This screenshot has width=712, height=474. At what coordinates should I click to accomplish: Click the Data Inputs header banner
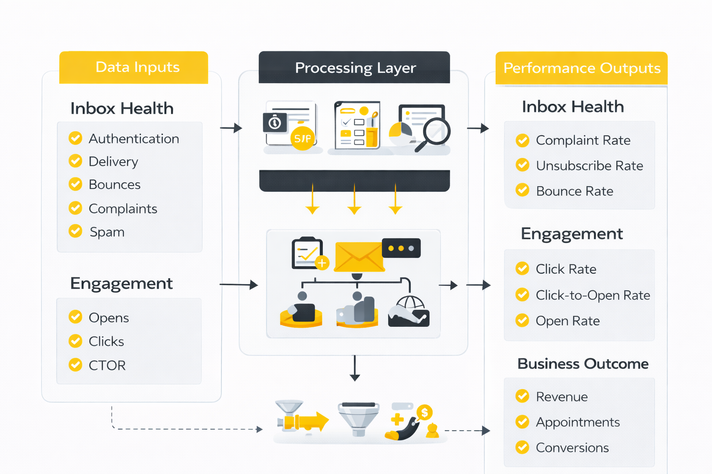click(133, 68)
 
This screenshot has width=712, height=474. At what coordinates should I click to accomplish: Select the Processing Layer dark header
click(355, 68)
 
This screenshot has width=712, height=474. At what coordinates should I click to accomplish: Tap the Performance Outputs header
click(581, 69)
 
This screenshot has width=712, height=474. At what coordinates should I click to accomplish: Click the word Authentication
click(133, 139)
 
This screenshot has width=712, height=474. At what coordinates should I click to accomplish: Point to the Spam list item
click(107, 232)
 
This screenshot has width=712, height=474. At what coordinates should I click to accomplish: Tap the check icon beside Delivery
click(76, 161)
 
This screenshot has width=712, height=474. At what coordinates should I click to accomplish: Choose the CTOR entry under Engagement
click(107, 365)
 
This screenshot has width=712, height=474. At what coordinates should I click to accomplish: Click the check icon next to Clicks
click(76, 341)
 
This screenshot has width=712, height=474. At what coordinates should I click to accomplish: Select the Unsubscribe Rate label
click(589, 166)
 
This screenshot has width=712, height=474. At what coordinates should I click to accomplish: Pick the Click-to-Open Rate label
click(592, 295)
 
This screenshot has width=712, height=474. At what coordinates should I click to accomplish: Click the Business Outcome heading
click(583, 364)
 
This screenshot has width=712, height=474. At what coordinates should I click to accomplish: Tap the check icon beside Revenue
click(522, 396)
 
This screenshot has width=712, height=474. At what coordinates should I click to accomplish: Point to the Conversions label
click(572, 448)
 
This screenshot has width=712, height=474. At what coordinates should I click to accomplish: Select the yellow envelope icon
click(359, 257)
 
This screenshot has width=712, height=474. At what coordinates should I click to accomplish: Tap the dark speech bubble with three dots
click(401, 249)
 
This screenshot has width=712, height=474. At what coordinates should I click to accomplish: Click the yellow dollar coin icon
click(424, 412)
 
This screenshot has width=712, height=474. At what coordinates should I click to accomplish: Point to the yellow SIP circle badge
click(303, 138)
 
